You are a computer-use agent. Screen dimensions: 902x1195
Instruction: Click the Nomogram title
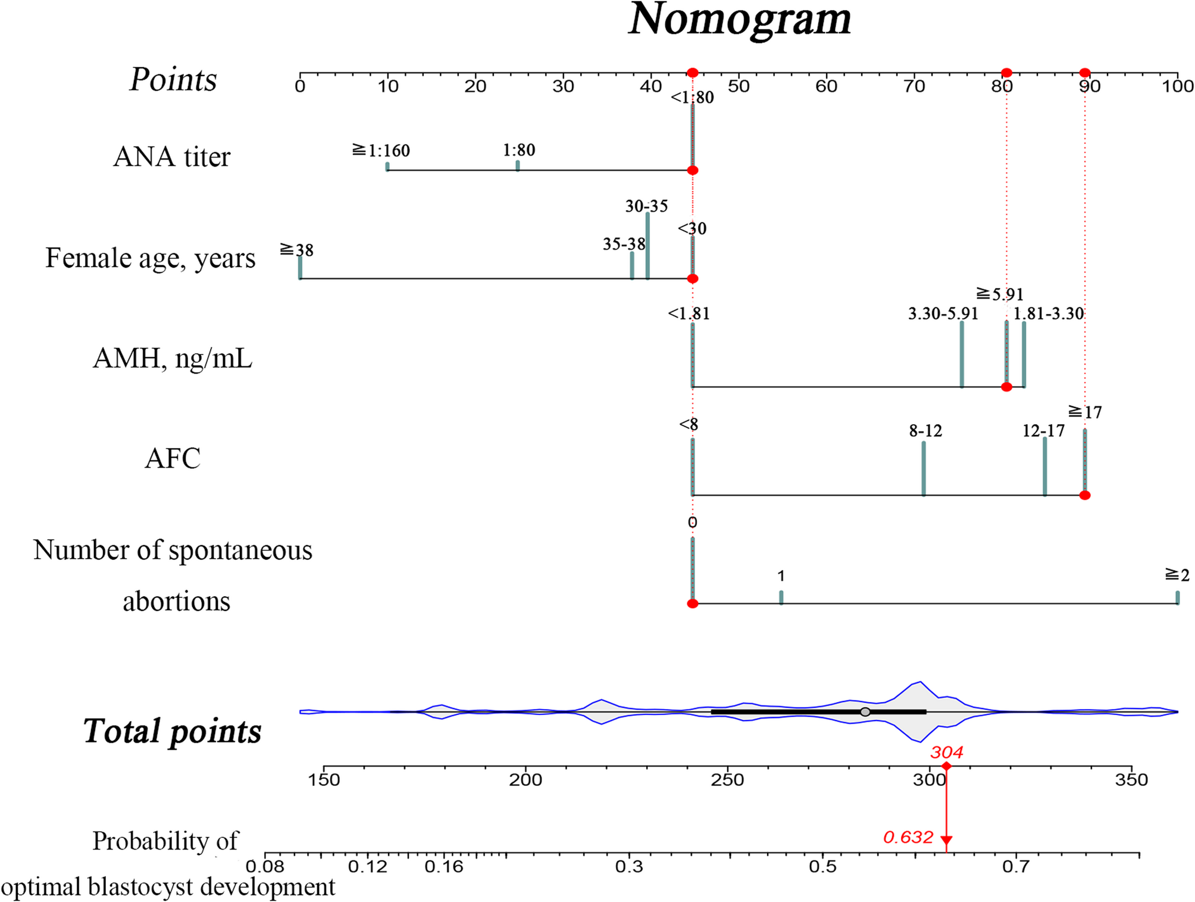739,19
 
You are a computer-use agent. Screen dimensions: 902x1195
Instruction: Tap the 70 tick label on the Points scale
914,87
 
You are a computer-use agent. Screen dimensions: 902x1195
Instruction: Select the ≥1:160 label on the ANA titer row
381,151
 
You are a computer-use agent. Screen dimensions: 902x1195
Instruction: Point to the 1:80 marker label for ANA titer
519,150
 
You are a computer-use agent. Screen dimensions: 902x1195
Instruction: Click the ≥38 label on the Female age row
297,250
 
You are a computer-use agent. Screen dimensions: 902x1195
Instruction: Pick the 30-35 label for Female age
646,206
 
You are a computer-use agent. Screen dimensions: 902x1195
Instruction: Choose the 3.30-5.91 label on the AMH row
943,314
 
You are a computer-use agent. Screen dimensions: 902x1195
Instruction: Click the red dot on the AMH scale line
1006,387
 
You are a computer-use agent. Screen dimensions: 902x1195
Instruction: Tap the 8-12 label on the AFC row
925,431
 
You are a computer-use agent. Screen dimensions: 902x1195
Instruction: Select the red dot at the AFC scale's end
1085,495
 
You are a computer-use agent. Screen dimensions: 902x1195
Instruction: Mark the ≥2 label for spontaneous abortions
1177,575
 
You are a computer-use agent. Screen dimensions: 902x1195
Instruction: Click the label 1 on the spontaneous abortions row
781,576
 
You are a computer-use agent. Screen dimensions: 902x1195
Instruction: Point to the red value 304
946,753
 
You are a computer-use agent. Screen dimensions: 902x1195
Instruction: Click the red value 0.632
908,837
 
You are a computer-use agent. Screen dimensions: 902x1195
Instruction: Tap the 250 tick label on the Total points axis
727,780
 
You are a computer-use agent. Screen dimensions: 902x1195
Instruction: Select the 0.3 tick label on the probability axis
629,866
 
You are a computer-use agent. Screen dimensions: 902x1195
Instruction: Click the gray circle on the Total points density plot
865,712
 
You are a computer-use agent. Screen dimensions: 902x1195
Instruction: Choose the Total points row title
173,731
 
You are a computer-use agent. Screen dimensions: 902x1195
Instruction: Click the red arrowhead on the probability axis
946,841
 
